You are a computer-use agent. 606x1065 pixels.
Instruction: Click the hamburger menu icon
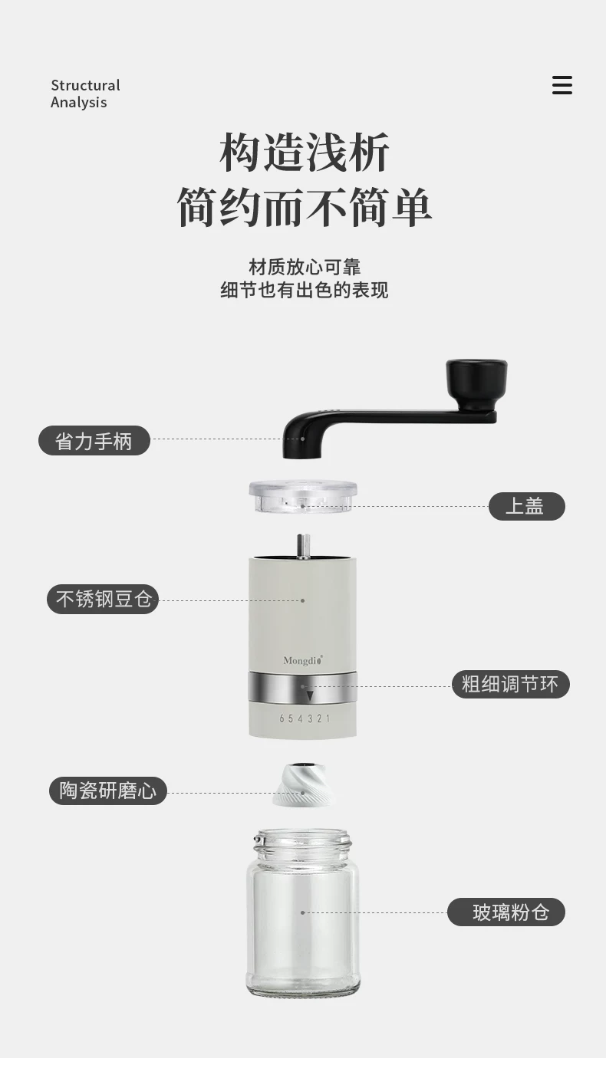point(562,85)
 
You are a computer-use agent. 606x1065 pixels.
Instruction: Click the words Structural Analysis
point(85,94)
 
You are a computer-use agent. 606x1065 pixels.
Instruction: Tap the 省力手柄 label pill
point(94,441)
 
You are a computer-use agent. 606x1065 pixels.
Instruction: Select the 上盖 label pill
point(526,506)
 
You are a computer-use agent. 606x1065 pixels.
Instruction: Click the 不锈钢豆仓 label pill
point(103,599)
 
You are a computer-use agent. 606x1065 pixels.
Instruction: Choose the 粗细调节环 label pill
point(510,684)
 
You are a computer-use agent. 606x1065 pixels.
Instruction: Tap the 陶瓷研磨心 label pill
point(108,791)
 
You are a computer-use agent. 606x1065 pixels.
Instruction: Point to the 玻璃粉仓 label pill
point(506,912)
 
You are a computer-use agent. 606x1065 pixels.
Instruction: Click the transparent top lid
point(303,496)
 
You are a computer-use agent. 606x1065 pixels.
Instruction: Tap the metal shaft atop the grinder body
point(303,545)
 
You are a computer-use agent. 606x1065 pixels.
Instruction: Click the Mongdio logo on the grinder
point(303,660)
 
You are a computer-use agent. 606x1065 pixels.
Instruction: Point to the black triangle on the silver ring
point(310,696)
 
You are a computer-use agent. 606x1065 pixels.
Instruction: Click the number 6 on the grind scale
point(282,718)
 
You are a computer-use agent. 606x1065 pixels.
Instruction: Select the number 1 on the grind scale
point(328,718)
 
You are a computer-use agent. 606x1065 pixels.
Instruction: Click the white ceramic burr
point(303,784)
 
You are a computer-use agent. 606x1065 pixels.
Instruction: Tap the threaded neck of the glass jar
point(302,842)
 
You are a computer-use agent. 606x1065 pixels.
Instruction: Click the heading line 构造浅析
point(304,152)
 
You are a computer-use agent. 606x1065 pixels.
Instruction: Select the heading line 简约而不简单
point(304,207)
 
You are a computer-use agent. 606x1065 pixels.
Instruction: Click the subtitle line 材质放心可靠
point(305,267)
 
